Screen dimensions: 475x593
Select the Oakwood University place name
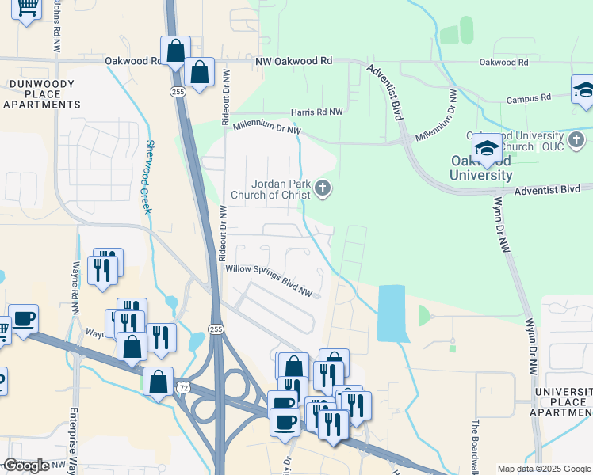click(x=480, y=168)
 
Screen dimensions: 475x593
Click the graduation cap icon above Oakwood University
click(x=486, y=149)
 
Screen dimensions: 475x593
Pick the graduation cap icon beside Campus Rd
click(x=583, y=89)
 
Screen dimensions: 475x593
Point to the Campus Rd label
click(x=529, y=99)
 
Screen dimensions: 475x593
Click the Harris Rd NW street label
click(x=317, y=112)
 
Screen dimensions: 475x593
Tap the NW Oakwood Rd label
click(x=294, y=61)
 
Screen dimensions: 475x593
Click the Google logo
click(x=27, y=465)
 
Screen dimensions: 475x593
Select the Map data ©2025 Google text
click(x=543, y=469)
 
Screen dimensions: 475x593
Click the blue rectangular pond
click(x=393, y=313)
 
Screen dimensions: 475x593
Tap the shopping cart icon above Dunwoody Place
click(x=27, y=8)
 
